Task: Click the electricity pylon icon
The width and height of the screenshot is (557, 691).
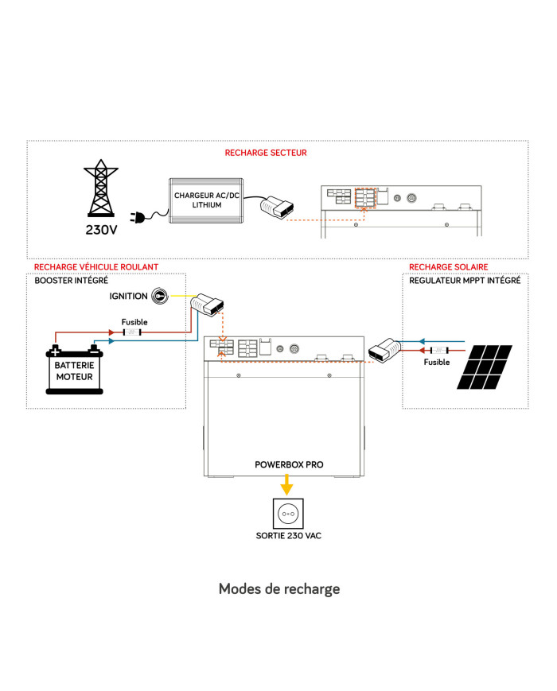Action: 101,192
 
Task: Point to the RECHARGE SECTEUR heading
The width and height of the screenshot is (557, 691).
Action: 266,153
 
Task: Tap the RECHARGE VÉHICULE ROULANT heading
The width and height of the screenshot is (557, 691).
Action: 96,267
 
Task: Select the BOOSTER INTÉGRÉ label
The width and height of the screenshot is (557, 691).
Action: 71,281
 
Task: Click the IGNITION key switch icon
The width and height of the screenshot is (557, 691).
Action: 160,296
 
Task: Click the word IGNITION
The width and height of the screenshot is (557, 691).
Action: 127,296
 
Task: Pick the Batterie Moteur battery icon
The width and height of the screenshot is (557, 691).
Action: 74,369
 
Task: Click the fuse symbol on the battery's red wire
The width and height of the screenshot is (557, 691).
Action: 132,332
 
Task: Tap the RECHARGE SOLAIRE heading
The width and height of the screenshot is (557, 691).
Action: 448,267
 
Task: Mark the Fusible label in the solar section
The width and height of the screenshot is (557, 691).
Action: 436,363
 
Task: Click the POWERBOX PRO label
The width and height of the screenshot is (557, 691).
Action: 289,464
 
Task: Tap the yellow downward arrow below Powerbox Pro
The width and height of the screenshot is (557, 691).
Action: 288,484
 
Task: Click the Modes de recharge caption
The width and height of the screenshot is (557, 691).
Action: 278,589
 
